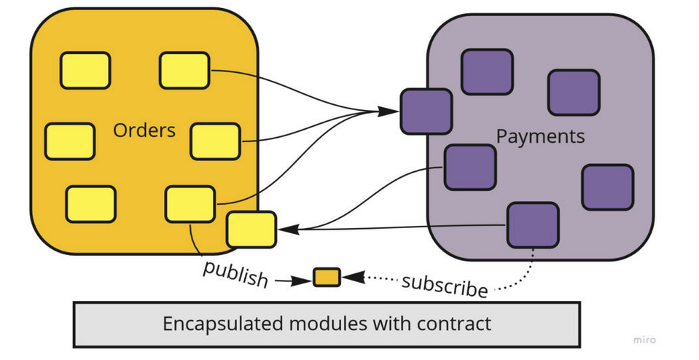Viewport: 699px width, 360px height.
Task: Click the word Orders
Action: pyautogui.click(x=144, y=130)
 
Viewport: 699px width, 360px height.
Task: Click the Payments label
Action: pyautogui.click(x=540, y=136)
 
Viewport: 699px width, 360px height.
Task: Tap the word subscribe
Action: pyautogui.click(x=444, y=284)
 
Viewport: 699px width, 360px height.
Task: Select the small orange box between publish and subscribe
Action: pyautogui.click(x=327, y=277)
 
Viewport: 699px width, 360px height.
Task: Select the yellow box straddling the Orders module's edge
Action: pyautogui.click(x=251, y=230)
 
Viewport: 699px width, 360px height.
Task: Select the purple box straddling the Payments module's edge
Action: pyautogui.click(x=426, y=111)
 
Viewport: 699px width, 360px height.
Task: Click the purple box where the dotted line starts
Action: pyautogui.click(x=533, y=225)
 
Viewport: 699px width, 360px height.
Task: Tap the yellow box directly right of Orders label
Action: pyautogui.click(x=215, y=141)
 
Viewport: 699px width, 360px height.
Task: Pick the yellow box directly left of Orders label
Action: pyautogui.click(x=70, y=141)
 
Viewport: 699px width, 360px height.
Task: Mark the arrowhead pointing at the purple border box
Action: pyautogui.click(x=389, y=111)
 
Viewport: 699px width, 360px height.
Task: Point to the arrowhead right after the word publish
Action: pyautogui.click(x=301, y=279)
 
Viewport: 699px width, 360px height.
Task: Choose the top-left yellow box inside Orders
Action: pyautogui.click(x=85, y=71)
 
